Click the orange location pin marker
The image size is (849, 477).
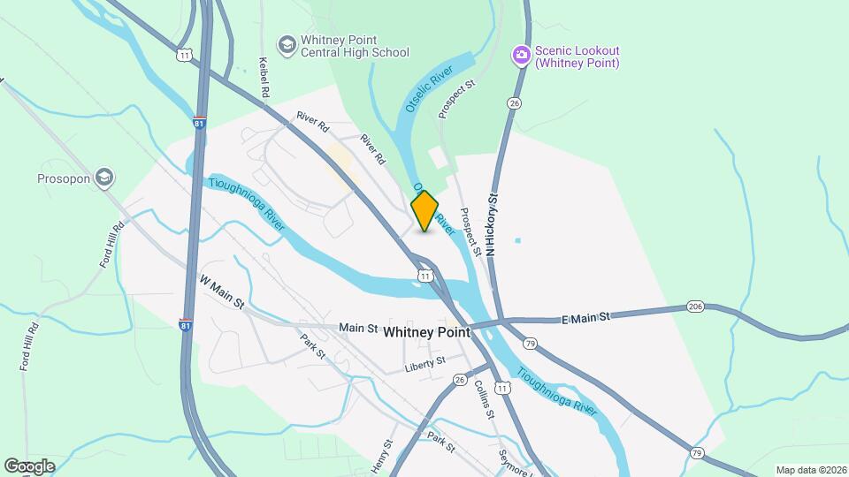[x=424, y=210]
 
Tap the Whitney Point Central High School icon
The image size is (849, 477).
[x=287, y=44]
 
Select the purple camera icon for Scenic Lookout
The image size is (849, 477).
[x=522, y=56]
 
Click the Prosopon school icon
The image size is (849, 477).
[x=105, y=178]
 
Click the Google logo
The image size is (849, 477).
[x=29, y=466]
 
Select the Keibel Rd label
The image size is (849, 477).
[x=263, y=77]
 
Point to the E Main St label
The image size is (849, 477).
[x=586, y=317]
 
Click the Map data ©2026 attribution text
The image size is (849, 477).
[x=809, y=469]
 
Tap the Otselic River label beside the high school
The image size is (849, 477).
[x=430, y=87]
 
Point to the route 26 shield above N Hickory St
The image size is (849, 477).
[x=514, y=103]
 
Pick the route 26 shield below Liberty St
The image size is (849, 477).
[x=459, y=380]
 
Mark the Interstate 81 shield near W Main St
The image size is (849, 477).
[x=186, y=324]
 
